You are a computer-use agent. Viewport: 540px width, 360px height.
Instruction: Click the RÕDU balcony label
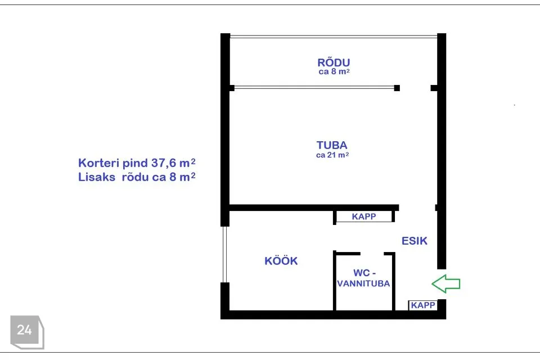[334, 62]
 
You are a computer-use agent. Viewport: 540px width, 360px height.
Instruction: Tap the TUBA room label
[332, 145]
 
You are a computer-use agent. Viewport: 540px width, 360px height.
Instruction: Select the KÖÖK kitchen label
[281, 261]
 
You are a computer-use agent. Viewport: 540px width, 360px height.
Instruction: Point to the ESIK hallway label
[415, 241]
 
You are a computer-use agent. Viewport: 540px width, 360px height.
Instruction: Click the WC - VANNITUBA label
[364, 278]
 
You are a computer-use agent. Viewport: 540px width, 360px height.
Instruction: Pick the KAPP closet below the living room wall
[364, 217]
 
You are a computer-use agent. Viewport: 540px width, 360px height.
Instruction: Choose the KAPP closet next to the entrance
[423, 305]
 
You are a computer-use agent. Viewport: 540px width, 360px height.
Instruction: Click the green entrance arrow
[445, 283]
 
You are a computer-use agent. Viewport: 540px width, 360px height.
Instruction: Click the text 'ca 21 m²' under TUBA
[332, 155]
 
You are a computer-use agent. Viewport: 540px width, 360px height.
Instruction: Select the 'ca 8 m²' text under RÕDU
[334, 71]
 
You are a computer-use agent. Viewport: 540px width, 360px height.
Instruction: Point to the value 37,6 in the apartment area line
[164, 163]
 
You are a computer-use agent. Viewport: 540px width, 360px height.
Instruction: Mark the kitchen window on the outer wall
[224, 254]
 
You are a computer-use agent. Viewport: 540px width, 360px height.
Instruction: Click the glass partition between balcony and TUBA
[314, 88]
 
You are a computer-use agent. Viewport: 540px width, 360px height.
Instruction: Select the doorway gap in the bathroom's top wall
[372, 254]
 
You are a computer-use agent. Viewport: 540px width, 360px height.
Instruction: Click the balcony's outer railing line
[334, 36]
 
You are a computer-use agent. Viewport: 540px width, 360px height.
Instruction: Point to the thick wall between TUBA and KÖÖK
[314, 208]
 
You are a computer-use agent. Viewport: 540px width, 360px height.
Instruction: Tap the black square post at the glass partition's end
[397, 88]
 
